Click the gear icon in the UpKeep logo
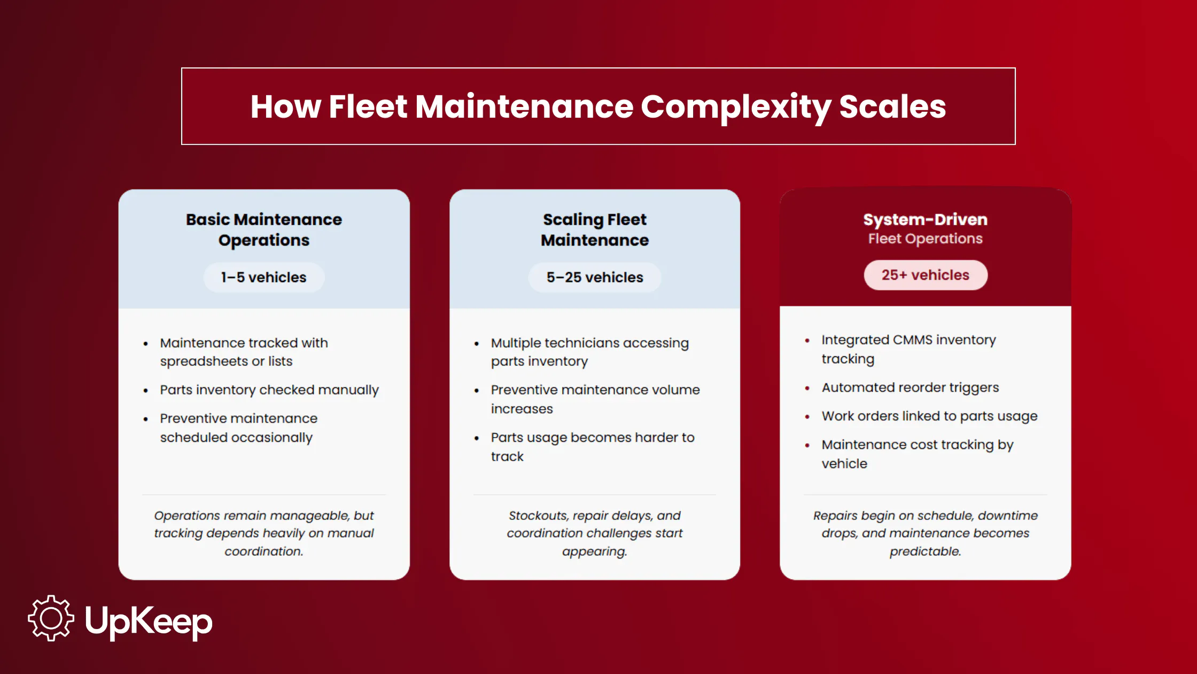point(51,618)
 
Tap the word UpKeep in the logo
point(149,621)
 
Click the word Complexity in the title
point(735,106)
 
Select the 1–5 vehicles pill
point(263,277)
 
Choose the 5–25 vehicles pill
point(594,277)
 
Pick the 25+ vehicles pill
point(925,275)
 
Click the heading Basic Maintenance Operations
point(263,229)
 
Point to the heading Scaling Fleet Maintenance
point(594,229)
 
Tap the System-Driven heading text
point(925,219)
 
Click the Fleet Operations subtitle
point(925,239)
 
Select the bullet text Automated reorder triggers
point(910,387)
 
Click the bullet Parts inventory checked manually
point(269,389)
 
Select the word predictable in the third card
point(925,551)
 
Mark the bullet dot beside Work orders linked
point(807,417)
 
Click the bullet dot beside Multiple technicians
point(476,343)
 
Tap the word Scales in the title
point(892,106)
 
